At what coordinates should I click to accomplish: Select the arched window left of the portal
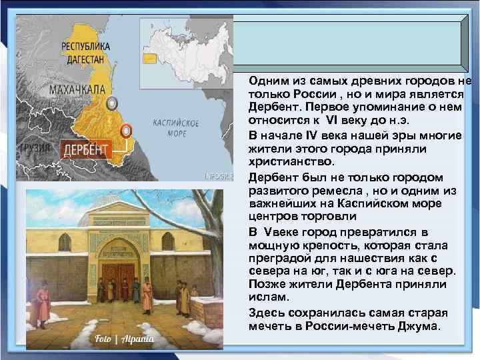(x=65, y=241)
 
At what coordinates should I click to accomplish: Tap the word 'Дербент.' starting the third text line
(x=272, y=105)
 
